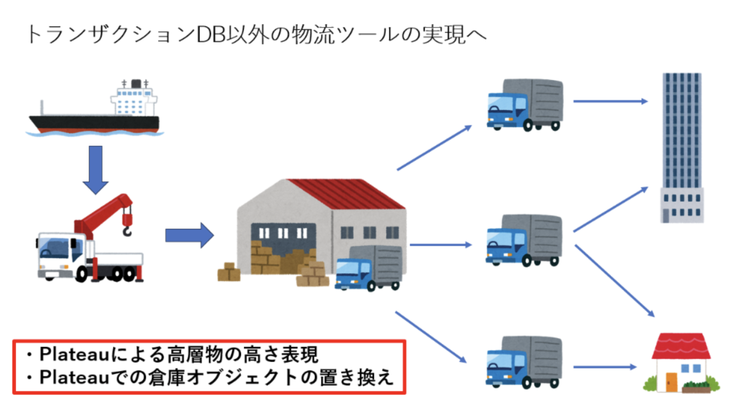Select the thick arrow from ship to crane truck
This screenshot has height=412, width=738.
(95, 168)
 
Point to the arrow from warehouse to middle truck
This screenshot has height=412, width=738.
(440, 245)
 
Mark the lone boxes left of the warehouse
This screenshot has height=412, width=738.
(229, 271)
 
